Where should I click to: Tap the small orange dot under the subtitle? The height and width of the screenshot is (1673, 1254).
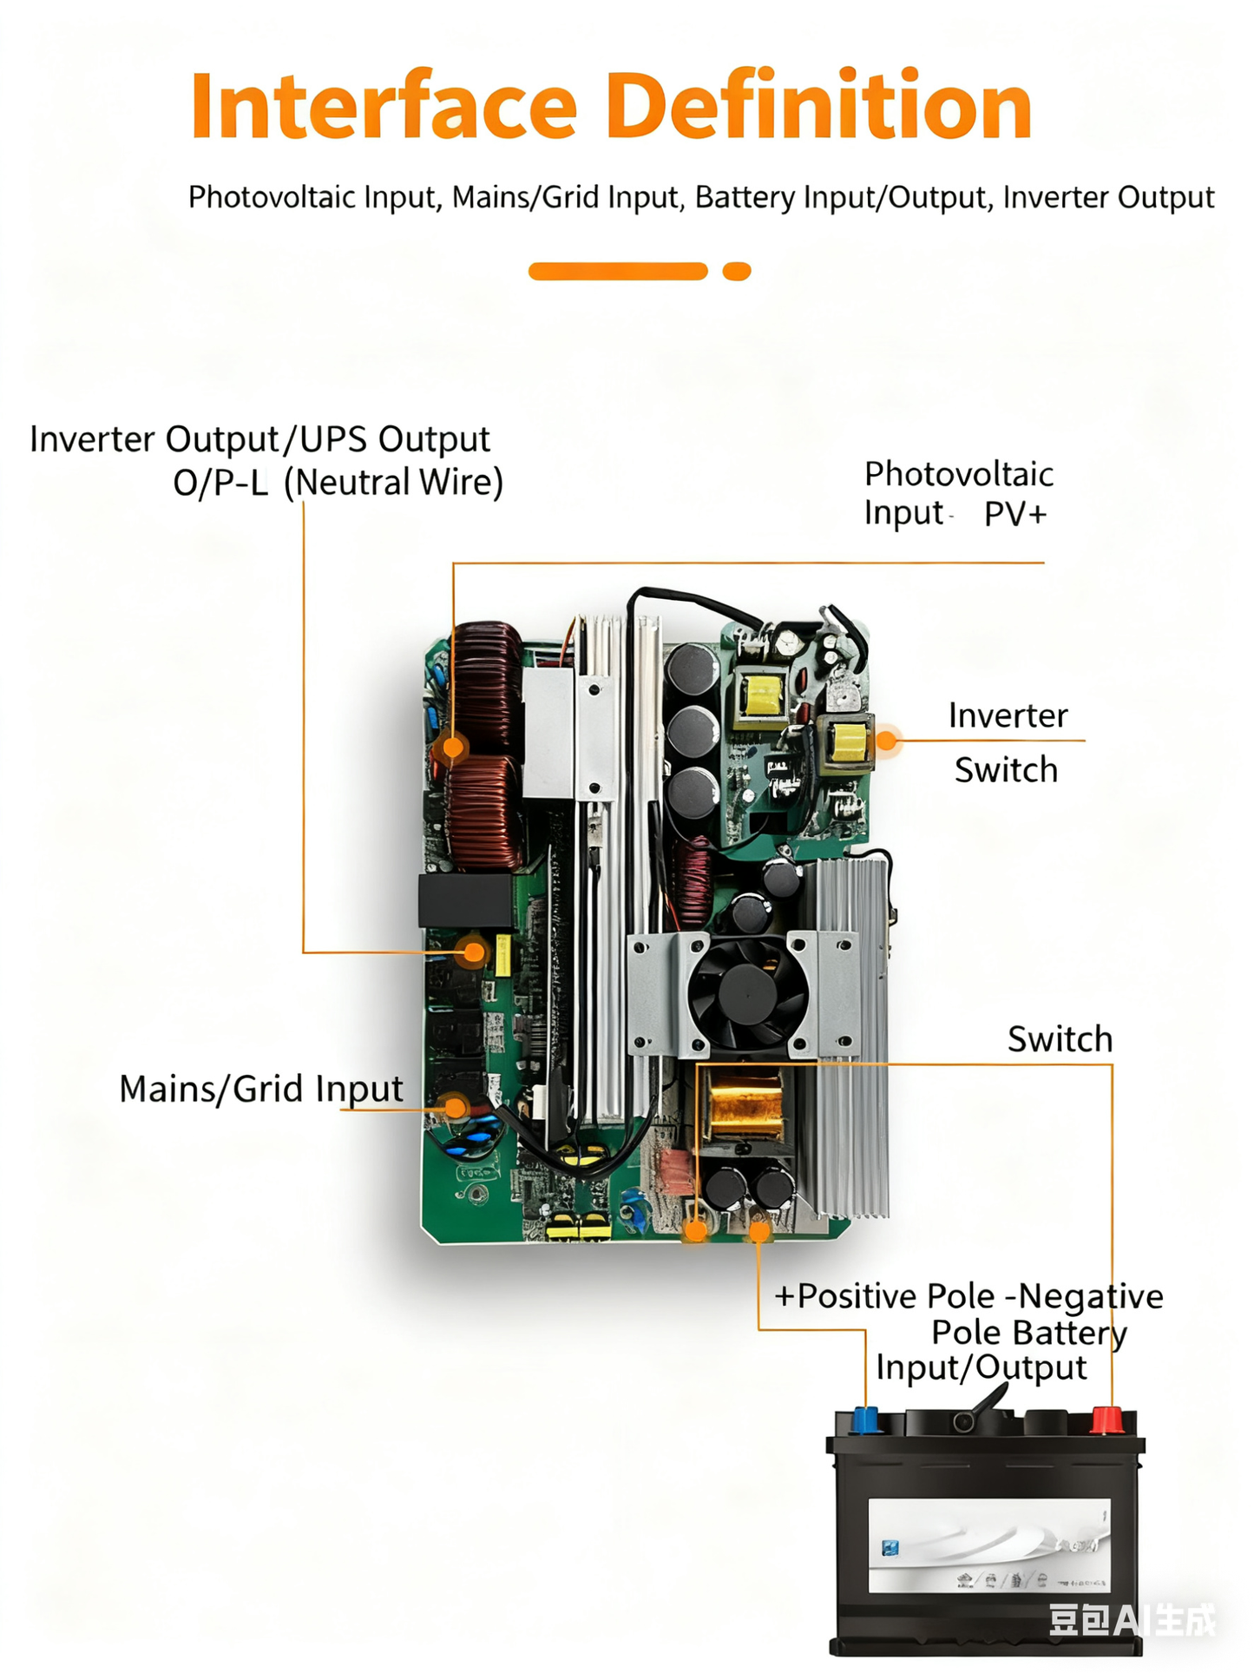[736, 272]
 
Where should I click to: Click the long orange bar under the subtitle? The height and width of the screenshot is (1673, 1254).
[617, 272]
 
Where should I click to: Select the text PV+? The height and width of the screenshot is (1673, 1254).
[1014, 514]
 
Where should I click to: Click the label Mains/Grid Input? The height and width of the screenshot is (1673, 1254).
[260, 1089]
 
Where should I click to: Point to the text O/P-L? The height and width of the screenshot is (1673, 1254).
[220, 484]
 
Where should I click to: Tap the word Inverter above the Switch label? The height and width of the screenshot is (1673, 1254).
[1007, 716]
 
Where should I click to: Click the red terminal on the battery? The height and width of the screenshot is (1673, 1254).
[1106, 1421]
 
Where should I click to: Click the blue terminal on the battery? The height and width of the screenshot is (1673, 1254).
[865, 1420]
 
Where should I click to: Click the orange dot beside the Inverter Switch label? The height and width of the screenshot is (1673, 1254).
[886, 741]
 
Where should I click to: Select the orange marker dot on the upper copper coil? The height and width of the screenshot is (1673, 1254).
[453, 746]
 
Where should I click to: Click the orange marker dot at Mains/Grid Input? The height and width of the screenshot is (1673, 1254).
[455, 1107]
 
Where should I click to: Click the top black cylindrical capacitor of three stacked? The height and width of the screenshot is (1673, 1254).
[692, 669]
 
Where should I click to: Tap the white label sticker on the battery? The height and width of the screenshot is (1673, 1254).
[988, 1545]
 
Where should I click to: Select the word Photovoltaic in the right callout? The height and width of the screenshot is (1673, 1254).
[958, 475]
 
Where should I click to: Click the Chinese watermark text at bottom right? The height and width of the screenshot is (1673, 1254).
[1132, 1619]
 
